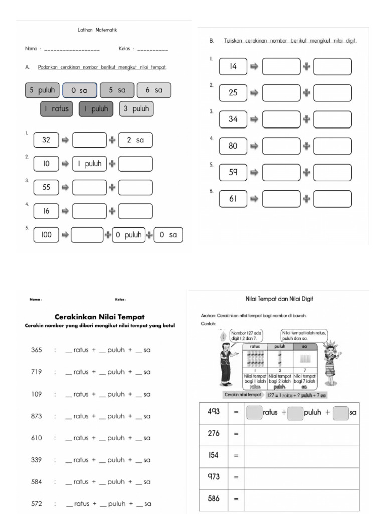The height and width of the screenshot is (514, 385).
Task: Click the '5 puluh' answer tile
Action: (42, 90)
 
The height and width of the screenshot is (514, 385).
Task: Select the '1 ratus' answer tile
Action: (57, 109)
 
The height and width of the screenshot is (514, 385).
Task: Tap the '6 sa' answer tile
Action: (154, 90)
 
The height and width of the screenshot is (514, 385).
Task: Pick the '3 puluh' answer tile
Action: (136, 109)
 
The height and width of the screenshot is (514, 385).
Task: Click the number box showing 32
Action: (46, 140)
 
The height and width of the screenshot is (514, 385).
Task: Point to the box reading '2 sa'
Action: (135, 140)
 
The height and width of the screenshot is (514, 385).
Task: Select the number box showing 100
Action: (46, 235)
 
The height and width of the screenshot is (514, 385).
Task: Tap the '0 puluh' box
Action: (128, 235)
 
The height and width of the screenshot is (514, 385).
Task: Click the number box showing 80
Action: (233, 146)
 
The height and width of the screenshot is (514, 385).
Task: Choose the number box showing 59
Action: (233, 172)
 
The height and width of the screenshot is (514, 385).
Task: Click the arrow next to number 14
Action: (254, 67)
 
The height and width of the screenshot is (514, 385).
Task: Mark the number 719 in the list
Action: (37, 372)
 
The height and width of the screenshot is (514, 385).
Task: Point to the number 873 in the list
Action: (37, 416)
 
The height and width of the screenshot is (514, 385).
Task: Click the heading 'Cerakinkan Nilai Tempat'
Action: (99, 317)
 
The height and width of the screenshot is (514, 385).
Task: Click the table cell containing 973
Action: (214, 477)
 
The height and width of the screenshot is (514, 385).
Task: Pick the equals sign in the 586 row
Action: (236, 499)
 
